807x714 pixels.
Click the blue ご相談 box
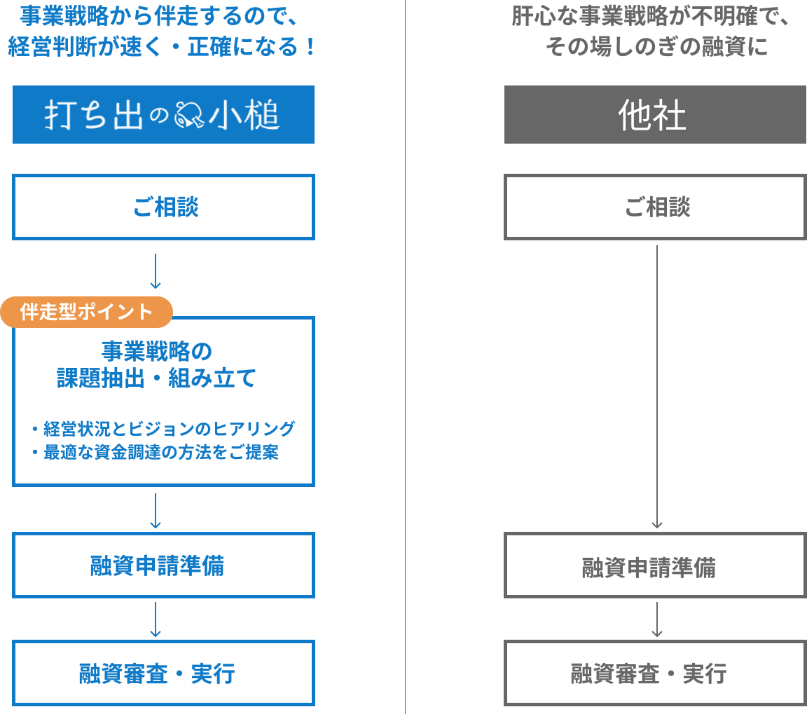click(163, 207)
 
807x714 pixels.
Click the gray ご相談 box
click(655, 207)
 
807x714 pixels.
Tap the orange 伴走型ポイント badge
click(86, 312)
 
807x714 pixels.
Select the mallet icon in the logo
click(189, 115)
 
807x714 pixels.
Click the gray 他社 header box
click(654, 115)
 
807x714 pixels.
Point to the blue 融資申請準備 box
click(163, 565)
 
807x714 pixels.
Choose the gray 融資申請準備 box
click(655, 566)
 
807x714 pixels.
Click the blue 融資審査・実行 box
click(163, 673)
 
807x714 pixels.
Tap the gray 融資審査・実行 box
click(655, 673)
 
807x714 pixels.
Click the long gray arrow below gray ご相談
click(656, 385)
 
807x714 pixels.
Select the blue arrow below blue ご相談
click(156, 271)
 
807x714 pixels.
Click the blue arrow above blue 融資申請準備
click(156, 511)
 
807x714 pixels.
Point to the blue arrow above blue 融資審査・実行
click(156, 619)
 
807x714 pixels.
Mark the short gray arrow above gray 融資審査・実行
click(656, 619)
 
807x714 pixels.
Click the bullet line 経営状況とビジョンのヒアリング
click(163, 428)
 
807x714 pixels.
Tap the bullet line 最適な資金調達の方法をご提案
click(155, 453)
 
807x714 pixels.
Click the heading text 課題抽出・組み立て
click(156, 379)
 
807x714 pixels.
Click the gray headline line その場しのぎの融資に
click(656, 47)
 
